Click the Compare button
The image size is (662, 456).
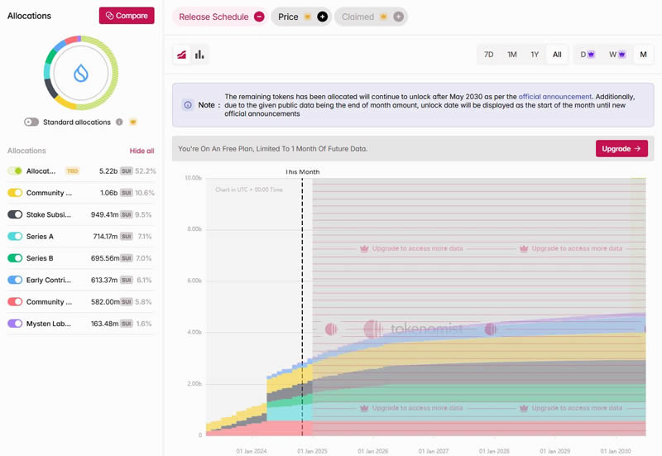tap(126, 16)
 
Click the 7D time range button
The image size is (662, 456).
tap(489, 55)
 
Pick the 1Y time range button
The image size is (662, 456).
tap(535, 55)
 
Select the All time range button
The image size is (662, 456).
tap(557, 55)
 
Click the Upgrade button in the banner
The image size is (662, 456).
tap(621, 149)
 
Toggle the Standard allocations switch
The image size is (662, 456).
tap(31, 122)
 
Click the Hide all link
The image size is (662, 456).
tap(142, 151)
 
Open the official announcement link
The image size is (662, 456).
tap(555, 97)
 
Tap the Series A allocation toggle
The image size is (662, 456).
tap(15, 236)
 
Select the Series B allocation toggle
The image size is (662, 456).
tap(15, 258)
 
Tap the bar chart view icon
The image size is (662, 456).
tap(199, 55)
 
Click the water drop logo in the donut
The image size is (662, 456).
tap(80, 73)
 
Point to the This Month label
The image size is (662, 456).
tap(302, 172)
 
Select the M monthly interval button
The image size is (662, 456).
tap(643, 55)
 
